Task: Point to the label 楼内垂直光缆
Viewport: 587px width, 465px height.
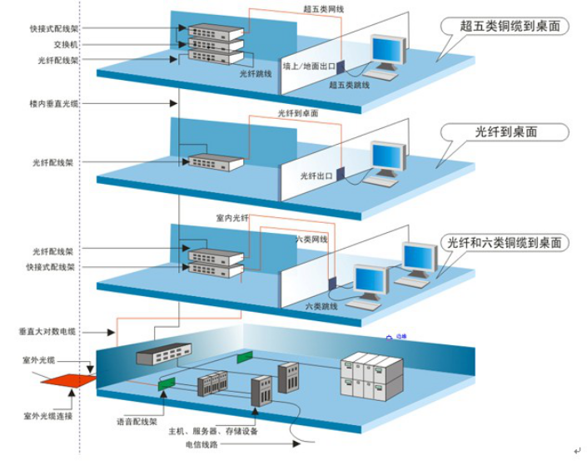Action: click(52, 104)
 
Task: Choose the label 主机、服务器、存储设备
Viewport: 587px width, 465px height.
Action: click(213, 432)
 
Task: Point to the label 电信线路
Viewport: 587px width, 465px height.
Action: click(203, 446)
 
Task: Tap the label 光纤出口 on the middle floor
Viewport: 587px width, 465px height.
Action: click(316, 176)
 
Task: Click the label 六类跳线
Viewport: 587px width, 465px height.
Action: click(321, 306)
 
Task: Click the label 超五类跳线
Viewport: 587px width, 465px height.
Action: click(349, 85)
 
